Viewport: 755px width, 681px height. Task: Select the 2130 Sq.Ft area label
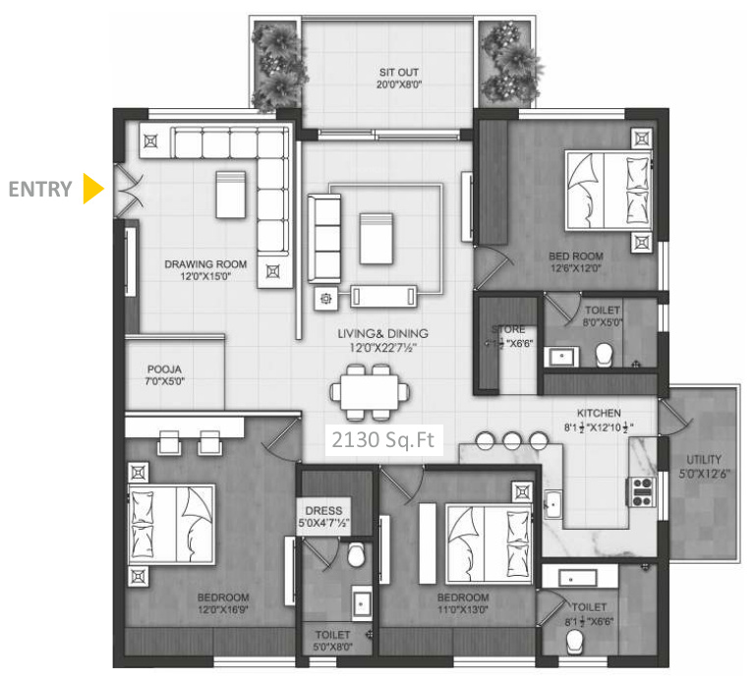[381, 440]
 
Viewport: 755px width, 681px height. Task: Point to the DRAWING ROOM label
[205, 264]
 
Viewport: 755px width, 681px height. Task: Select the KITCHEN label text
[596, 414]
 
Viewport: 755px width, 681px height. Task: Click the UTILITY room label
[704, 459]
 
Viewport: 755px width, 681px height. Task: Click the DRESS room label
[323, 511]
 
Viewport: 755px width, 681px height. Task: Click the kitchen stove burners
[642, 491]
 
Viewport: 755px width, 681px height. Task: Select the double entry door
[128, 189]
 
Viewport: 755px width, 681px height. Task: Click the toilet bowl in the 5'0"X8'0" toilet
[356, 557]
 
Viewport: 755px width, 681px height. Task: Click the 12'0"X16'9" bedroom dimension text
[221, 610]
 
